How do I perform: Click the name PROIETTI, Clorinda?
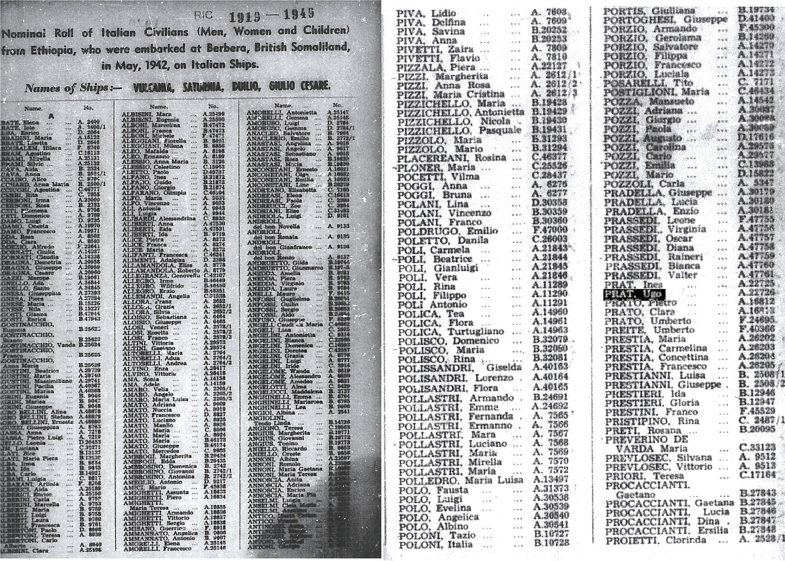point(655,540)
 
